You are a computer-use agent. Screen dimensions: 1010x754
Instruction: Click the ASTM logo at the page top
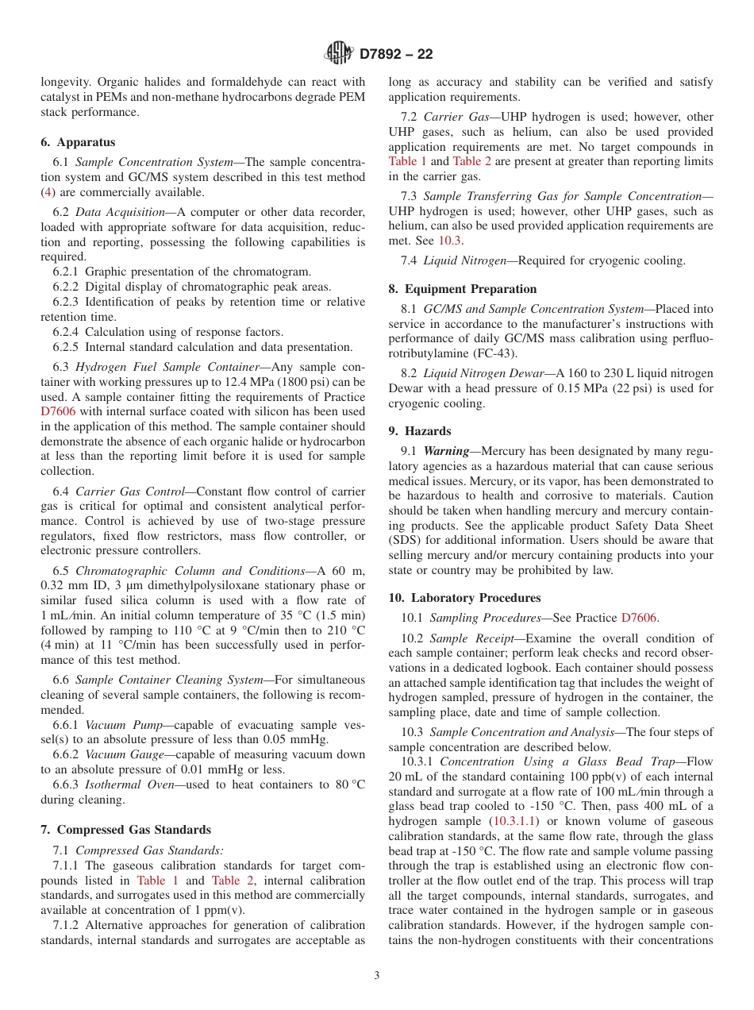tap(339, 54)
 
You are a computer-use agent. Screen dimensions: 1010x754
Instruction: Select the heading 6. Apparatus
tap(78, 142)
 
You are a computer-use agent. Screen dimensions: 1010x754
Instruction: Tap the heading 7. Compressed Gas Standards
tap(125, 830)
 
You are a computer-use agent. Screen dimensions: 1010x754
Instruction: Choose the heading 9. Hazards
tap(419, 430)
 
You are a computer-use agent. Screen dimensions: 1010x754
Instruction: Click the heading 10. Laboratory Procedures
tap(464, 598)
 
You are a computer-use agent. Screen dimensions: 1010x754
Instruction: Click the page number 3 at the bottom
tap(377, 975)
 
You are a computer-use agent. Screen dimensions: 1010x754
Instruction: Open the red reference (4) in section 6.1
tap(48, 192)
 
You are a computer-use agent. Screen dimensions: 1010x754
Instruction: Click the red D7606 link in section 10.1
tap(639, 618)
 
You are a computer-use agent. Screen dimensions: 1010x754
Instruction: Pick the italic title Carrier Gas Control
tap(129, 492)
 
